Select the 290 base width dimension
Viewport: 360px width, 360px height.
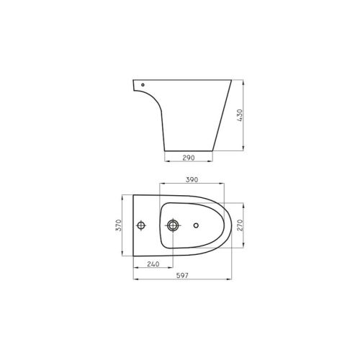[190, 157]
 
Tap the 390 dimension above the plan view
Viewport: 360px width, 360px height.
[192, 179]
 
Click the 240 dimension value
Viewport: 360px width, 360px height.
[153, 264]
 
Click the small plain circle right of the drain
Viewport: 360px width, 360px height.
[194, 226]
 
